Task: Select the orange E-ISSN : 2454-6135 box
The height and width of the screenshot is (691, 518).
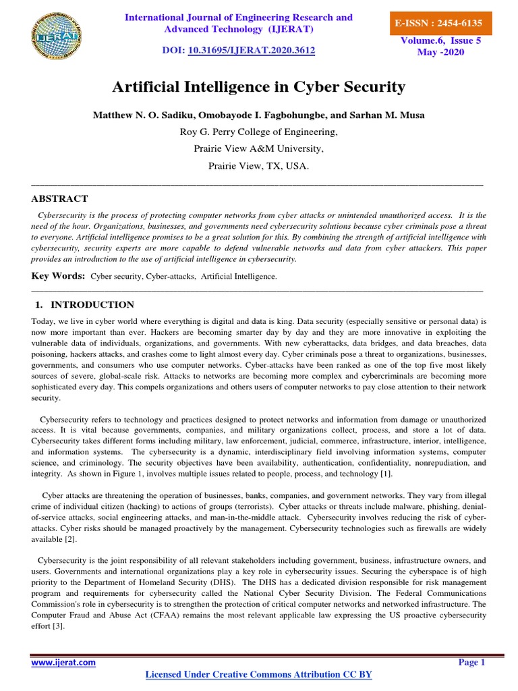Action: point(443,23)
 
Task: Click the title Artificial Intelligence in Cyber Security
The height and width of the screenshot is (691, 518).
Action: point(258,86)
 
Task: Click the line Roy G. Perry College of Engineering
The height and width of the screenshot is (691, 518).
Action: point(258,132)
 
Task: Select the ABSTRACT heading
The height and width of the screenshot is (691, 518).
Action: point(59,198)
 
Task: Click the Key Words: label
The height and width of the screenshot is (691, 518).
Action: point(58,276)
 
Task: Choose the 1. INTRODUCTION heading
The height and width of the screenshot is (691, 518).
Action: point(84,305)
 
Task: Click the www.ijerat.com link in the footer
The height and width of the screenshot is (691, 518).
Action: point(63,663)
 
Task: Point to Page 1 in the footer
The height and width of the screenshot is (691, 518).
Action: point(471,663)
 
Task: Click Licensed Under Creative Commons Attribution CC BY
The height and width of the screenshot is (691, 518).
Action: point(258,675)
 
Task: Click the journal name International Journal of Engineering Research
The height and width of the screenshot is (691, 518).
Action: point(239,17)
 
